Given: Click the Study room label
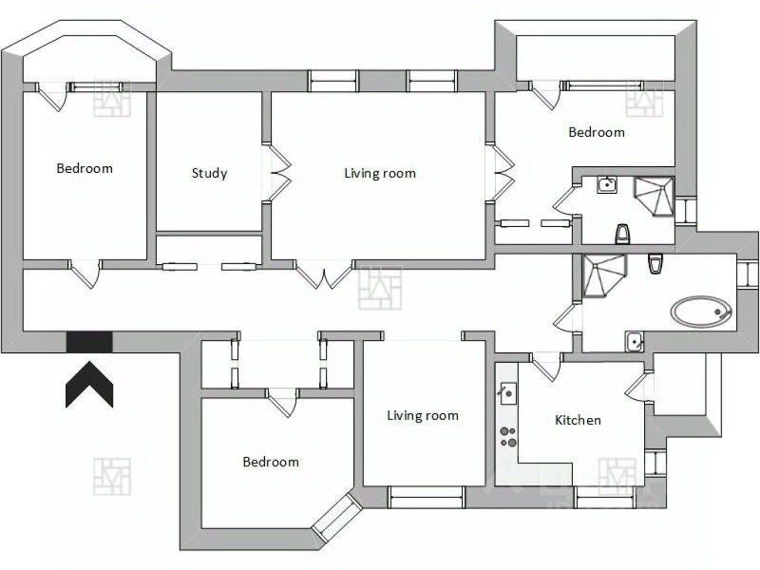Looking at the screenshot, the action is [209, 173].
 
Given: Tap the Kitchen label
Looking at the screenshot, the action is [578, 420].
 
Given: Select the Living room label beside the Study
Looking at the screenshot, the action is [379, 173].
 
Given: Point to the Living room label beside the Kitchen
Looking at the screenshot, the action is [422, 415].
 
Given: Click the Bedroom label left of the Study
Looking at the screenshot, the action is [85, 168].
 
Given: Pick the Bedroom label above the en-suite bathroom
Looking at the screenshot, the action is [597, 132].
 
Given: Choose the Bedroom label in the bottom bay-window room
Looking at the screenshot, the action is [271, 462].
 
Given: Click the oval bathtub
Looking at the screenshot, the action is [701, 311].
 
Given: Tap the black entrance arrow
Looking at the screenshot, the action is [89, 382].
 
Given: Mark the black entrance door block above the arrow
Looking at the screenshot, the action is [89, 340].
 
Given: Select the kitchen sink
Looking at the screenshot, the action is [507, 390].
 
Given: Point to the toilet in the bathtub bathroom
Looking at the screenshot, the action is [654, 265].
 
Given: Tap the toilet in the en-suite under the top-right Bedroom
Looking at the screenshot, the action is [622, 233].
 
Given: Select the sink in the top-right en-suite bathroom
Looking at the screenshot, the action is [607, 184].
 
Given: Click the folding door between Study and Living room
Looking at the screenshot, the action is [277, 173].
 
